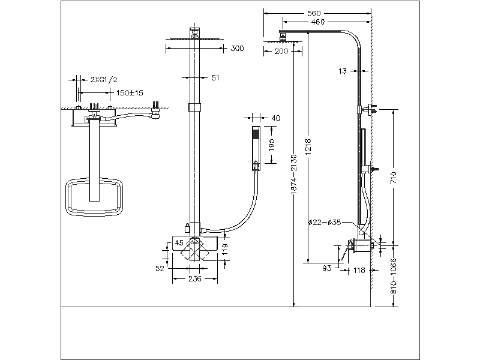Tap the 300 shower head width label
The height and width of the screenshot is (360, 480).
237,49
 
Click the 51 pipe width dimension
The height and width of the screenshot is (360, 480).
215,77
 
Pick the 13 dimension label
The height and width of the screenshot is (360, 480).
343,71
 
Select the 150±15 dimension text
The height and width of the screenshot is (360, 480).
129,92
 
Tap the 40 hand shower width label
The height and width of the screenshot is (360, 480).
276,118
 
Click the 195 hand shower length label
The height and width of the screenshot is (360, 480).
271,145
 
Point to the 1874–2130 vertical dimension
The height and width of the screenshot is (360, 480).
294,174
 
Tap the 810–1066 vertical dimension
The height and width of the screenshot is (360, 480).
394,275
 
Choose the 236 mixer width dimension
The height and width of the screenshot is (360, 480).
194,279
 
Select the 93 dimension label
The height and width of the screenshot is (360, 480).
328,268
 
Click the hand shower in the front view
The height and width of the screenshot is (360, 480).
256,148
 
